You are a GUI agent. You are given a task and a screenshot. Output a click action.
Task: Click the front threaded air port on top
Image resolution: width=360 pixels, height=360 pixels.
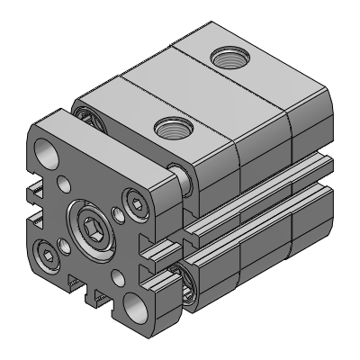click(172, 128)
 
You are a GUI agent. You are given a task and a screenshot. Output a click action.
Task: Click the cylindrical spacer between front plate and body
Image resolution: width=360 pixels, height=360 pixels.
click(182, 179)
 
